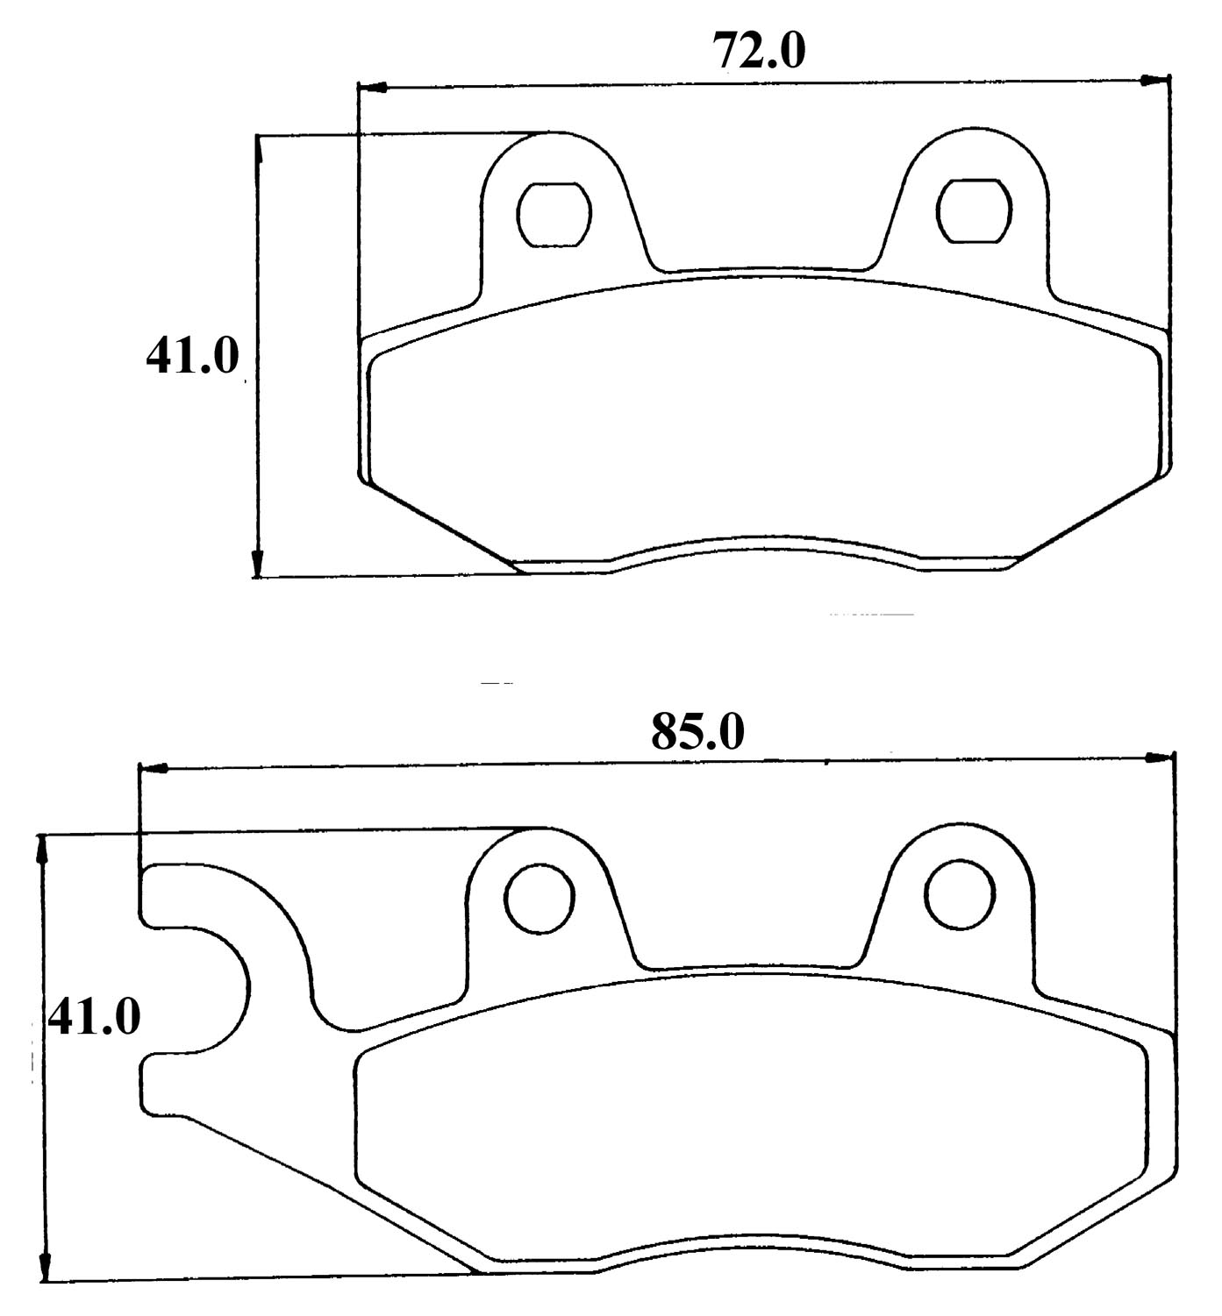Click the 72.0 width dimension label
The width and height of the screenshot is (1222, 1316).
pos(759,51)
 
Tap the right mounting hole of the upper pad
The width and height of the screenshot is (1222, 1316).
pos(974,210)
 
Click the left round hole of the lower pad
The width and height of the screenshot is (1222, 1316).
pos(540,900)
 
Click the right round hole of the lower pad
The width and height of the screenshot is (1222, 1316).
pos(960,894)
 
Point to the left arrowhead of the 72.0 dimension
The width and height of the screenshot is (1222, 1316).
pos(372,88)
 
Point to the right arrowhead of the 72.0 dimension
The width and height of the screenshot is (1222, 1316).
pos(1155,81)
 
